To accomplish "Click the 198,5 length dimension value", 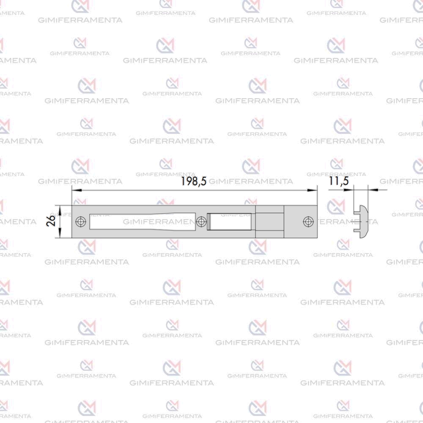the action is [194, 181].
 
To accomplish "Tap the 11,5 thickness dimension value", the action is [338, 181].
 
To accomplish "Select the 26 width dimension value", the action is [51, 220].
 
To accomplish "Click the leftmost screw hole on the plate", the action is [81, 222].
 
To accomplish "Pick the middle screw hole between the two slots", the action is [201, 222].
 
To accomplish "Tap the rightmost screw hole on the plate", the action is [308, 222].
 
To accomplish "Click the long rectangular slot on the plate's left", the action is [143, 222].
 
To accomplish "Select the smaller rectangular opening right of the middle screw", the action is [230, 222].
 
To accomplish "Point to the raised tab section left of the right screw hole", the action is [269, 222].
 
